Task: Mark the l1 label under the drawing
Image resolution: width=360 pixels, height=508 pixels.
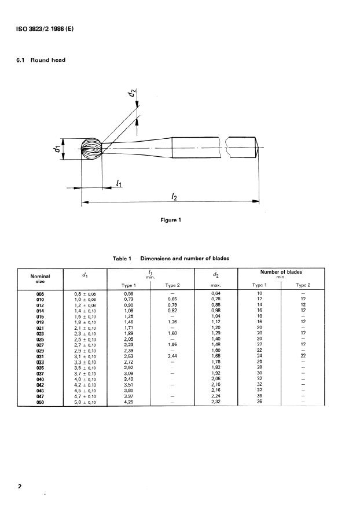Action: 119,183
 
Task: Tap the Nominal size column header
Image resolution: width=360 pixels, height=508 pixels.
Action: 40,278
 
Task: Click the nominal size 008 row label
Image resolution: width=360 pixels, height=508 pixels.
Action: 40,294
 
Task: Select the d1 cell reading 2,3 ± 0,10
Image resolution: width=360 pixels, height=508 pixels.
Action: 85,334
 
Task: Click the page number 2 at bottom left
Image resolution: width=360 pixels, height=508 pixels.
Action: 19,487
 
